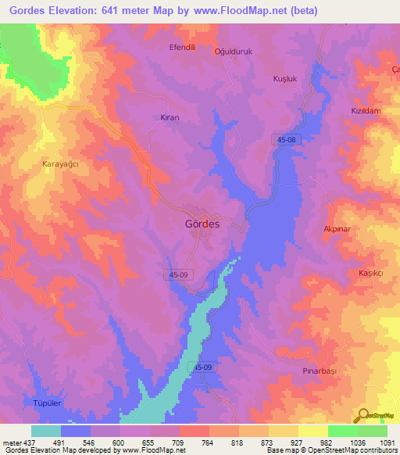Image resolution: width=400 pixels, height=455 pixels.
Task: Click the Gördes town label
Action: pos(202,223)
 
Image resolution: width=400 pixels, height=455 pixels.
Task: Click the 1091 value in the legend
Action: pos(385,442)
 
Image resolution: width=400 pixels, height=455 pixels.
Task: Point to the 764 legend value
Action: pos(208,442)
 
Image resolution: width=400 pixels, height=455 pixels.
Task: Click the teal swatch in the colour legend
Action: pos(46,430)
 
